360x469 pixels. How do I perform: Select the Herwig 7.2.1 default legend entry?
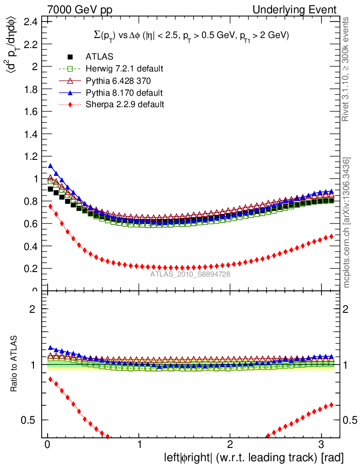124,69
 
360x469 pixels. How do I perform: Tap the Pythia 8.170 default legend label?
124,93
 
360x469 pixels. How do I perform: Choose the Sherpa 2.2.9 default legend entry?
125,104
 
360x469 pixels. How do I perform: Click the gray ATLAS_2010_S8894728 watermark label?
190,274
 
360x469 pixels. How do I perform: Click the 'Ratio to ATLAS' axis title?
15,364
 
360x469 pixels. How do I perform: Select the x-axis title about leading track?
253,458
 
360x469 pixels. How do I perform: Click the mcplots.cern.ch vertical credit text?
347,223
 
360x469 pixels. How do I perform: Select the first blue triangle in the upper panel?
50,166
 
